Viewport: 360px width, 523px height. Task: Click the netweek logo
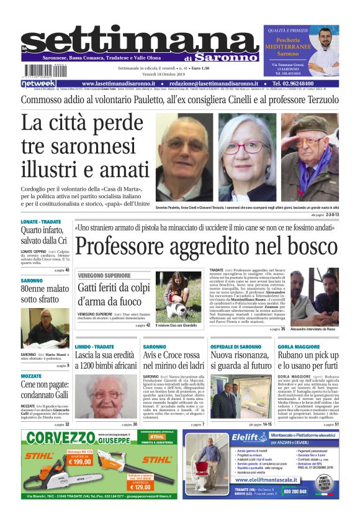pos(38,83)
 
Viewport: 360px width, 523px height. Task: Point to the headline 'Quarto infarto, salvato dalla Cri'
pos(43,235)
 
